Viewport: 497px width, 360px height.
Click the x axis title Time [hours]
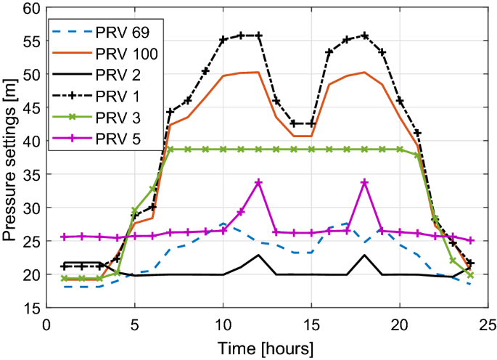pos(267,346)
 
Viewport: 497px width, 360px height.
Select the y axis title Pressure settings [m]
pos(11,157)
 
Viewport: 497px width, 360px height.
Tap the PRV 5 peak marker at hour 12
pos(258,183)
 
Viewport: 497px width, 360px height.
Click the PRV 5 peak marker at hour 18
pos(364,183)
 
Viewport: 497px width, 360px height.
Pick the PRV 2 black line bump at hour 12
pos(258,255)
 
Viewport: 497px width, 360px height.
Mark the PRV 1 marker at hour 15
pos(311,124)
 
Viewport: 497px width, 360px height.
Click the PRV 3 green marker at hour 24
pos(470,275)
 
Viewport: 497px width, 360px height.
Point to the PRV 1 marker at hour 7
pos(170,112)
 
